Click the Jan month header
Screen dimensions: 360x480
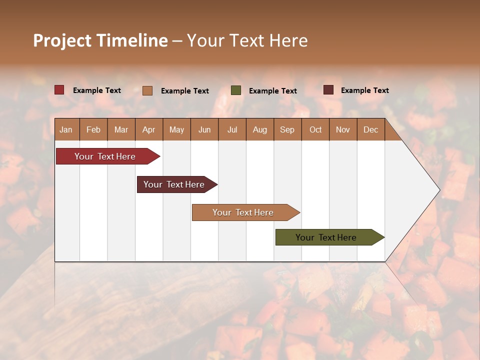pos(66,129)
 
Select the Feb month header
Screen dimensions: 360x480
pos(93,129)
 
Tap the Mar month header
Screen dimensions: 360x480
pos(121,129)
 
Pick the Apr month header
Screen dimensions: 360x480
pos(148,129)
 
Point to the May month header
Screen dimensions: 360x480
pos(176,129)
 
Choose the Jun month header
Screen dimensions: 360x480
pos(204,129)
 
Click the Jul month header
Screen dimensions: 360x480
pos(232,129)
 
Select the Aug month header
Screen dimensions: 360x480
pos(259,129)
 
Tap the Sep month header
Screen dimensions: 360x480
pos(287,129)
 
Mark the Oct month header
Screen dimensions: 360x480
pos(315,129)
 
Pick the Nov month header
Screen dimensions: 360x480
pos(342,129)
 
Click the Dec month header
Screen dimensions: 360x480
pos(370,129)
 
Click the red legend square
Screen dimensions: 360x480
pos(59,90)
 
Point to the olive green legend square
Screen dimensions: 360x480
pos(236,90)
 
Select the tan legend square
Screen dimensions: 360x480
pos(147,90)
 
